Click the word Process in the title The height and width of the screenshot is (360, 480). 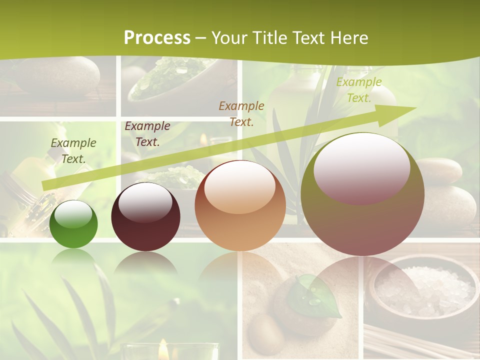(x=157, y=38)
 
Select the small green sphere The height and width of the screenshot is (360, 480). (x=73, y=224)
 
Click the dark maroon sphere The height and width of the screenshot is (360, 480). (x=145, y=217)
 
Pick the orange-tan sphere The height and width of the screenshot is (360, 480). (x=240, y=205)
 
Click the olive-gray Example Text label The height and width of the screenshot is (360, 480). (x=73, y=150)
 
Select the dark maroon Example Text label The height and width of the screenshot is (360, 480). (x=147, y=133)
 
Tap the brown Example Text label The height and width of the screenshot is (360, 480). (x=241, y=113)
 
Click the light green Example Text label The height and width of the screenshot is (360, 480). (x=358, y=89)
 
